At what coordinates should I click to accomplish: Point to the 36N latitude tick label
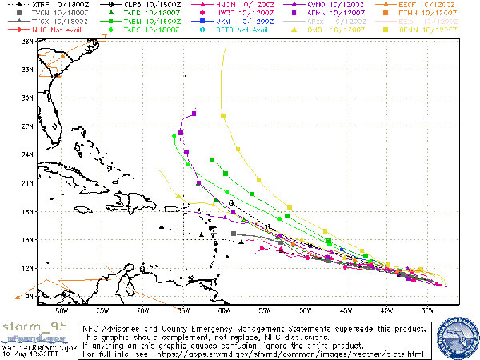tap(27, 41)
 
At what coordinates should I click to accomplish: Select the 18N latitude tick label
tap(27, 211)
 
